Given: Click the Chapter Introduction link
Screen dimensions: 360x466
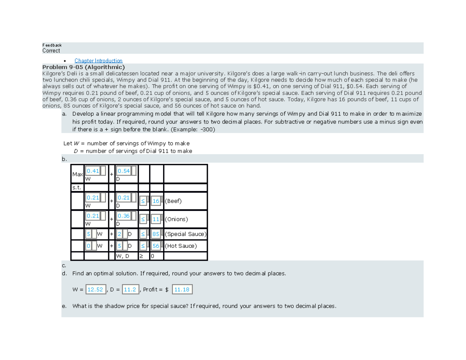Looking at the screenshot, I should tap(98, 61).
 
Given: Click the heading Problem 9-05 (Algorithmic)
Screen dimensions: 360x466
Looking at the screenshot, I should tap(83, 67).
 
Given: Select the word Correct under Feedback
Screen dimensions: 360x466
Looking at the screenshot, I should tap(51, 51).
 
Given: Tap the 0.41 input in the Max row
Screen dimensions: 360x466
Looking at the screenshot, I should tap(93, 171).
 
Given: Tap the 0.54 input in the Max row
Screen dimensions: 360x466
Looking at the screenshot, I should tap(124, 171).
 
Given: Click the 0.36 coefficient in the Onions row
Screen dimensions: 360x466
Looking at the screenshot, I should tap(124, 216).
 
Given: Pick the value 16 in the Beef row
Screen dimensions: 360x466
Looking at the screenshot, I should tap(156, 201).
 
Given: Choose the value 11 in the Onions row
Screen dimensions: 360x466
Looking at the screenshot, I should tap(156, 219).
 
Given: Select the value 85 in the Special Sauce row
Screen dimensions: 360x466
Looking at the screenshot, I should tap(156, 234).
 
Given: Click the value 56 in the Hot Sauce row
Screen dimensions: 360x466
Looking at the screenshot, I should tap(156, 246).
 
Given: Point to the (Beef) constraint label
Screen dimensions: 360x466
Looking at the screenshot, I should tap(173, 201).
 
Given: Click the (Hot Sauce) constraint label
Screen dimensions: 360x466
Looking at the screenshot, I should tap(181, 246).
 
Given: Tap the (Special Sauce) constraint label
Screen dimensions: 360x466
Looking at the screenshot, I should tap(186, 234).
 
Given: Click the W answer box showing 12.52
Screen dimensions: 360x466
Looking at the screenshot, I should tap(95, 289).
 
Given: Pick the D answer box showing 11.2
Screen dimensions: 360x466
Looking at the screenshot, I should tap(129, 289).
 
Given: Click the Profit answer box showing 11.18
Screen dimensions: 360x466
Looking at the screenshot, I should tap(182, 289).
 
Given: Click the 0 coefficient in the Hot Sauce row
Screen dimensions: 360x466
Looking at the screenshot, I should tap(89, 246).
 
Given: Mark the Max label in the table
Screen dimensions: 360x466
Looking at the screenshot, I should tap(77, 174).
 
